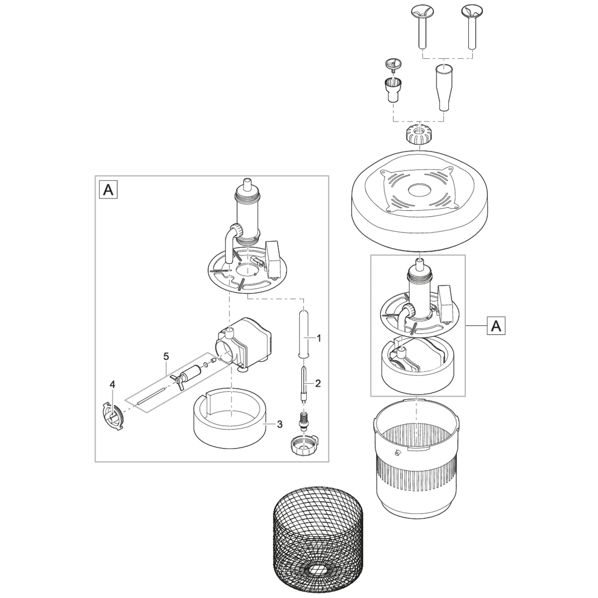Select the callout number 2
(318, 383)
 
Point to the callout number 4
(112, 384)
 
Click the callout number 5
(166, 357)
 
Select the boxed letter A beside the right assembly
(496, 326)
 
